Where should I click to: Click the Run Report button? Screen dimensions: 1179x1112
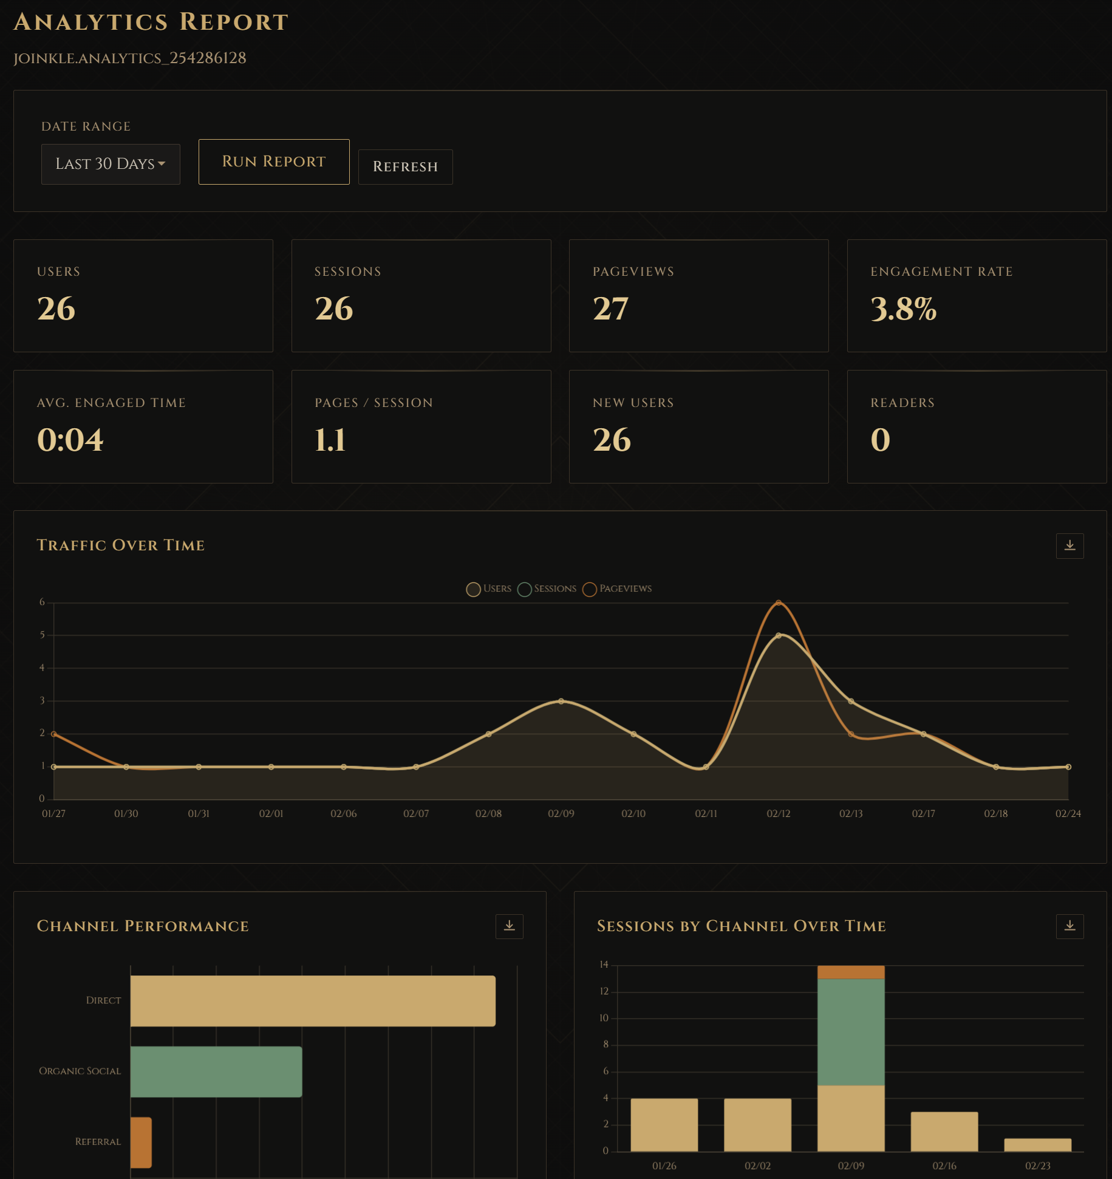click(x=273, y=162)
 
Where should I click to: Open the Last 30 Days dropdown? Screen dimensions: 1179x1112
click(x=111, y=164)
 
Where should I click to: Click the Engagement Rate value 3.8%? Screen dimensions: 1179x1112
click(x=903, y=309)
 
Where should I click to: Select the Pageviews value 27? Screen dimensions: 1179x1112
click(x=610, y=309)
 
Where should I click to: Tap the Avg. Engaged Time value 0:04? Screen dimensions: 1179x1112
click(x=70, y=440)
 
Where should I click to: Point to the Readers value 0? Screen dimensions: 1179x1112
click(x=880, y=440)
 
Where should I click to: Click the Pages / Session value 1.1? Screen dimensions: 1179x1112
click(x=330, y=440)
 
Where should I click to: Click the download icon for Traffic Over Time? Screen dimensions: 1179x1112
click(x=1069, y=545)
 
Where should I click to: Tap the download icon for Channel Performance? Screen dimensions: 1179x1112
click(x=509, y=926)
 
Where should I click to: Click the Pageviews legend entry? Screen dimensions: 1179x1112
click(x=617, y=589)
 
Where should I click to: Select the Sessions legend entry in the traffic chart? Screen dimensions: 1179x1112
click(x=547, y=589)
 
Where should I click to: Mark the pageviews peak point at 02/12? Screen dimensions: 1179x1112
click(x=779, y=603)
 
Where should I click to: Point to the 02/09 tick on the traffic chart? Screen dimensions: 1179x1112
click(x=561, y=813)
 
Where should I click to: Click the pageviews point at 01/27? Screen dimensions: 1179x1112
click(x=54, y=734)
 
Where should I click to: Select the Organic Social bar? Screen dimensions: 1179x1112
click(x=216, y=1071)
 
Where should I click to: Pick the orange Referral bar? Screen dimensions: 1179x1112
click(x=141, y=1142)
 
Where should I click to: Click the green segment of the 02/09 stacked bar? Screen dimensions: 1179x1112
click(x=850, y=1031)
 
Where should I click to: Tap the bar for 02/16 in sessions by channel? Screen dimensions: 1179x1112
click(x=944, y=1131)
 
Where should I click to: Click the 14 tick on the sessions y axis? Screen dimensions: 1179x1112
click(x=604, y=965)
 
